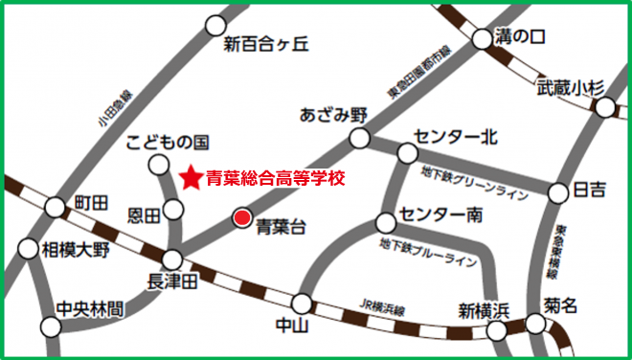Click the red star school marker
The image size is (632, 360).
(191, 177)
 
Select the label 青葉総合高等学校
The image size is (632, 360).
(275, 177)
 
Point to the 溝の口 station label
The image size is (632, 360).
(521, 37)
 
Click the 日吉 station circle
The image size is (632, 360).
(559, 193)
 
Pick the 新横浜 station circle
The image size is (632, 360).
(496, 330)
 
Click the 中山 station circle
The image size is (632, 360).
(302, 304)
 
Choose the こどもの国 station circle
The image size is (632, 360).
(158, 164)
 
